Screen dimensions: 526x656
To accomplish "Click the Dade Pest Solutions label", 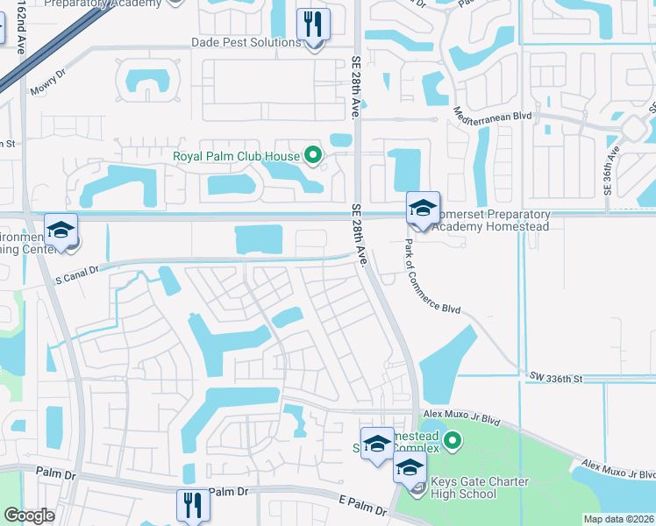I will [246, 43].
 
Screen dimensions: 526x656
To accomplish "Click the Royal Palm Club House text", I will [235, 158].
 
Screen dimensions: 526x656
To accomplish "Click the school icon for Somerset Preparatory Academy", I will [423, 209].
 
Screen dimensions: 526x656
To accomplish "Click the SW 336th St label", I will [556, 378].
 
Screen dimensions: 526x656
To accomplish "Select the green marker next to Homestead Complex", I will [452, 440].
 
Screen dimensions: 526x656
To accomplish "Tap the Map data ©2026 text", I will [618, 519].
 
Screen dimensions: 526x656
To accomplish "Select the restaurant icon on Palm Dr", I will [193, 505].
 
